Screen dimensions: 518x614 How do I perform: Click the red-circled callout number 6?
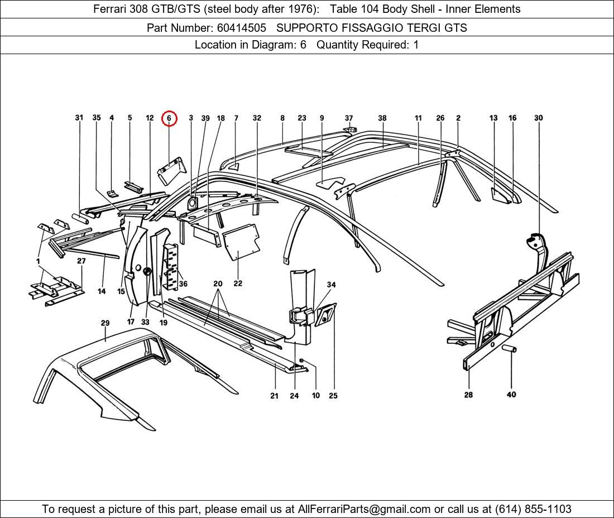pos(169,118)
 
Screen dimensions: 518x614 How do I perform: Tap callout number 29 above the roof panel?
pos(105,323)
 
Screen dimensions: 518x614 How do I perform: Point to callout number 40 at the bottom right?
pos(511,395)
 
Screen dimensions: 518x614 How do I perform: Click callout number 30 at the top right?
pos(538,118)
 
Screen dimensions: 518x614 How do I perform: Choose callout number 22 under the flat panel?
pos(238,284)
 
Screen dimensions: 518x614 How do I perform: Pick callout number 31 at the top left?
pos(79,118)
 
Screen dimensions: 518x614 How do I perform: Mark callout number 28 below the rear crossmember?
pos(468,395)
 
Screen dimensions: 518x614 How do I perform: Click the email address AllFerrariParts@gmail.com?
pos(364,509)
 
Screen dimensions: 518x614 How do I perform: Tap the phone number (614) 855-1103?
pos(533,509)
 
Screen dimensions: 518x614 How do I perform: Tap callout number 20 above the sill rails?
pos(218,284)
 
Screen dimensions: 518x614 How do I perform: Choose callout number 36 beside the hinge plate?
pos(183,284)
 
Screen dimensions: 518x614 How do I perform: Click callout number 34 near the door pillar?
pos(331,285)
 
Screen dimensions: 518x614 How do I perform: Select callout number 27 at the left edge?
pos(81,261)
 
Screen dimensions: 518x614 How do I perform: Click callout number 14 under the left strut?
pos(102,291)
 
